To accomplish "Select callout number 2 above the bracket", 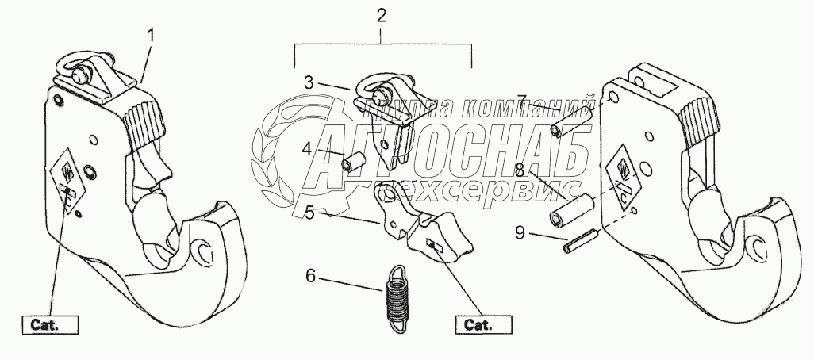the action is (382, 16).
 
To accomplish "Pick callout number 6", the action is (311, 276).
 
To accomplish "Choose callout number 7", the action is (520, 101).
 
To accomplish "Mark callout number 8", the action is (519, 168).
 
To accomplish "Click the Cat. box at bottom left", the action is (49, 324).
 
